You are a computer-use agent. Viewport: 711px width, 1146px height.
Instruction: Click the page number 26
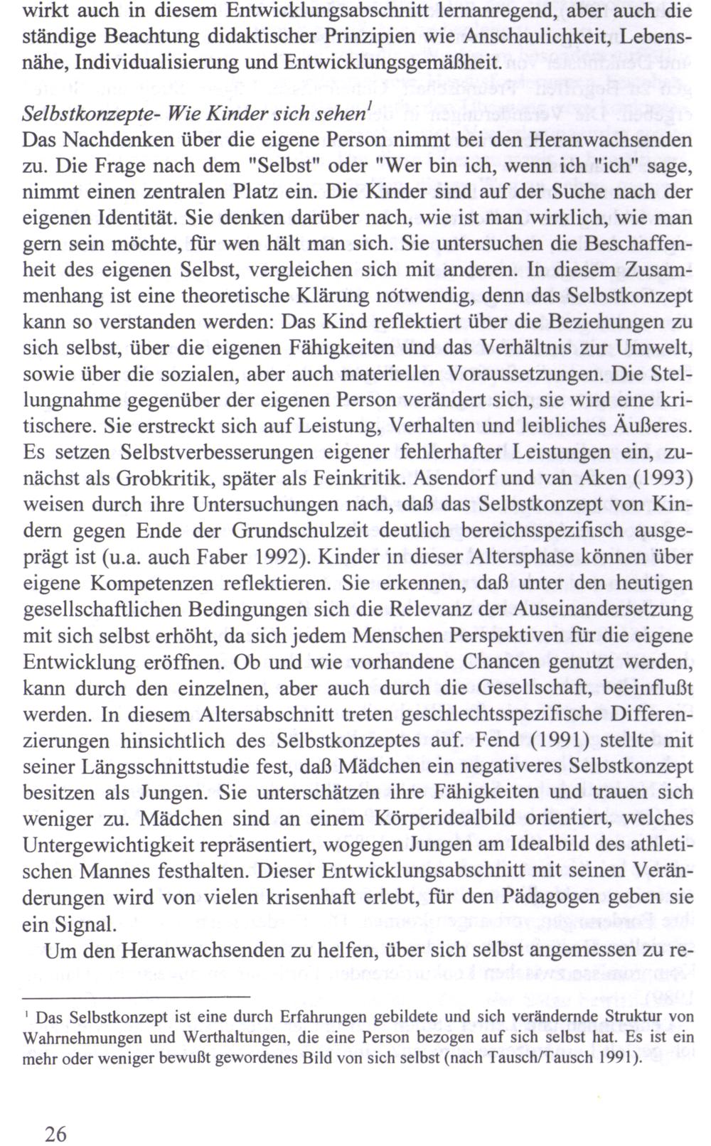click(x=55, y=1132)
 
